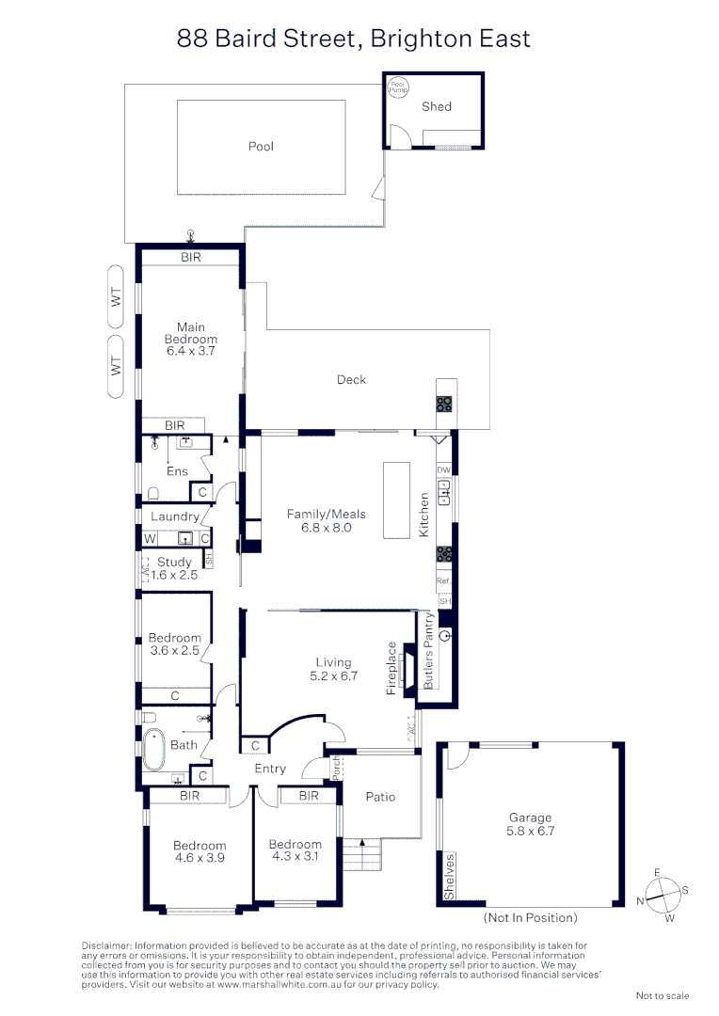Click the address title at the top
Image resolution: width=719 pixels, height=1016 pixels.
[354, 39]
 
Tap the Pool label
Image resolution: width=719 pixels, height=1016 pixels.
[261, 147]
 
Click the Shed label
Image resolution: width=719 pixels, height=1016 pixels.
[437, 107]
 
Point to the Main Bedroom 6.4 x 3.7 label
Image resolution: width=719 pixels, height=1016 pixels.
[191, 339]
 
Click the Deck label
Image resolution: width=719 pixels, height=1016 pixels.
[351, 380]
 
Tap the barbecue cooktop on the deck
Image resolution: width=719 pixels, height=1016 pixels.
[444, 404]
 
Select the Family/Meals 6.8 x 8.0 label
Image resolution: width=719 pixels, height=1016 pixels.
[326, 521]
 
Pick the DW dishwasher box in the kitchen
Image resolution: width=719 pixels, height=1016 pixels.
[444, 469]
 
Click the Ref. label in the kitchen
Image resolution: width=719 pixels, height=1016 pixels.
[444, 582]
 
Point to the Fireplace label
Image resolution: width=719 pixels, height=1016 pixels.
[392, 669]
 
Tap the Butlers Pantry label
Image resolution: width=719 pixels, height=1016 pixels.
[428, 652]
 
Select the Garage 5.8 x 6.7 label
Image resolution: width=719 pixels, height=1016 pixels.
[529, 824]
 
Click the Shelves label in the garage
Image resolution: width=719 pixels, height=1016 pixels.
[451, 877]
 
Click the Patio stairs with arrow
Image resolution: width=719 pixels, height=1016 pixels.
[360, 855]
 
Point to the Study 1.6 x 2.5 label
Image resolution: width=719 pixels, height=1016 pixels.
[175, 568]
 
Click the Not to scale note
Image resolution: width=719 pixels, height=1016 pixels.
[663, 995]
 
